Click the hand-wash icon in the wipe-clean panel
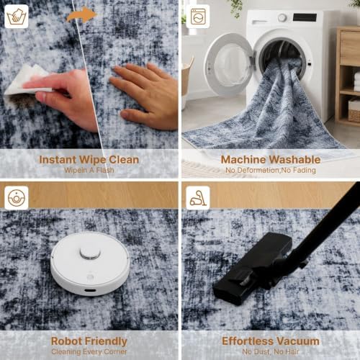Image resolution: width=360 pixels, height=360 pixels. click(17, 17)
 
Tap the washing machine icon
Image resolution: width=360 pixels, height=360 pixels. click(198, 17)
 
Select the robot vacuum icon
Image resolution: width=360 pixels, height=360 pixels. click(17, 198)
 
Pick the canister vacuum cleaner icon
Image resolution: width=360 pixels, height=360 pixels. click(198, 198)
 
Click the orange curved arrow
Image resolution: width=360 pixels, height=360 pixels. click(81, 14)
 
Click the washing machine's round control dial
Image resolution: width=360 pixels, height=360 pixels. click(282, 17)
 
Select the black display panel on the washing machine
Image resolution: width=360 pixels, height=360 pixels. click(305, 17)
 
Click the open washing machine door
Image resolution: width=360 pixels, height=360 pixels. click(228, 64)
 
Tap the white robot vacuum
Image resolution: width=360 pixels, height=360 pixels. click(90, 264)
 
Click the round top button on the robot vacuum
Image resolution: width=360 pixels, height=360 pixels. click(90, 253)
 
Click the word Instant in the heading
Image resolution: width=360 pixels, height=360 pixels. click(58, 160)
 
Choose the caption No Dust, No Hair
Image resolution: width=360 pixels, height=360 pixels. click(271, 352)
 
